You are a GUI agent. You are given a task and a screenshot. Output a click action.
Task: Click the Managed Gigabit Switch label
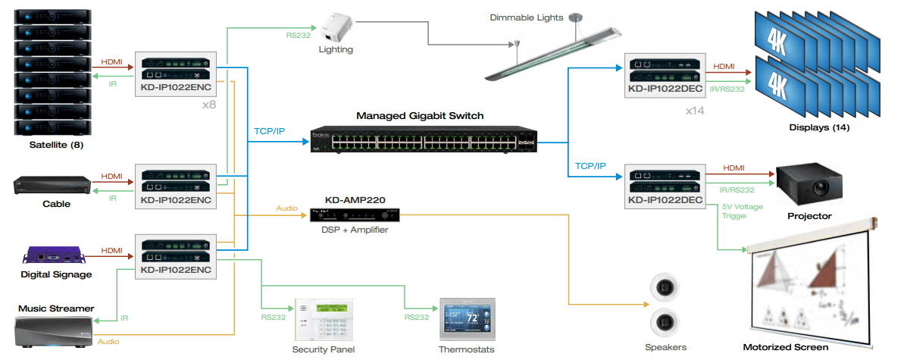coord(420,116)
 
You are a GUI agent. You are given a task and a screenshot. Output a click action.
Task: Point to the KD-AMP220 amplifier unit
coord(355,214)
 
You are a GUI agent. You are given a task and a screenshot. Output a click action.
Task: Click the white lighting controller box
coord(335,27)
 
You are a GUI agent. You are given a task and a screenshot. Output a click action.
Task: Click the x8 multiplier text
coord(209,104)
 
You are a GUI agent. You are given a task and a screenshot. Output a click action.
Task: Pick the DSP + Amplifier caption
coord(355,230)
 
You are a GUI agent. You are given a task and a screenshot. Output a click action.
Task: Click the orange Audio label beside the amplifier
coord(286,207)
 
